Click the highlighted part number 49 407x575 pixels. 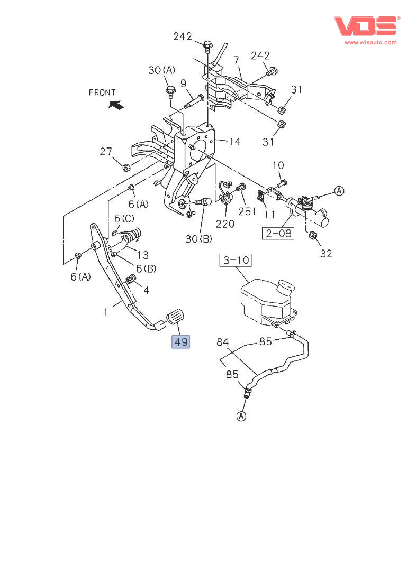(x=180, y=342)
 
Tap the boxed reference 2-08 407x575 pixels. (x=278, y=233)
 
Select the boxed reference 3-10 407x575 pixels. (x=236, y=261)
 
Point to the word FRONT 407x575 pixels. (x=102, y=92)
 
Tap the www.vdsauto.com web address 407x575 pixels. (x=370, y=42)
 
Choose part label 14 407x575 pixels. (x=235, y=142)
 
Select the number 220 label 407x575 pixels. (x=225, y=224)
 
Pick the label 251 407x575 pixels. (x=247, y=211)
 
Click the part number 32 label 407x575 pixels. (x=326, y=254)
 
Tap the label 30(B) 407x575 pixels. (x=198, y=239)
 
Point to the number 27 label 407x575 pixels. (x=106, y=152)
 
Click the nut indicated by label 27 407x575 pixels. (x=126, y=168)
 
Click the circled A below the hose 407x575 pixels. (x=241, y=416)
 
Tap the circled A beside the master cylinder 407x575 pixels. (x=339, y=191)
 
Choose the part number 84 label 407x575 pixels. (x=223, y=342)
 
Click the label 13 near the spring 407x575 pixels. (x=144, y=255)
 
